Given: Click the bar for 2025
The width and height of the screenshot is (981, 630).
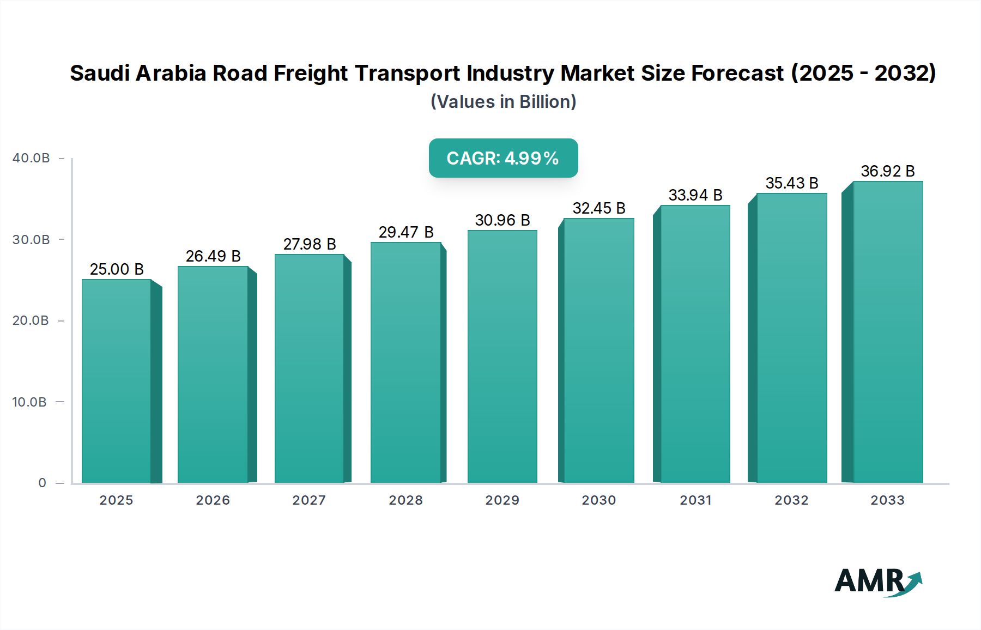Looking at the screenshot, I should click(x=116, y=381).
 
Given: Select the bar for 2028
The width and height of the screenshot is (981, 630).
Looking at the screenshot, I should click(x=405, y=362).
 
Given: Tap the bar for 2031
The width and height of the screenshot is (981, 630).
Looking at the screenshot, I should click(x=695, y=343).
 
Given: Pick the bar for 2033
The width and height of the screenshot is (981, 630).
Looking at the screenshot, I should click(x=888, y=332).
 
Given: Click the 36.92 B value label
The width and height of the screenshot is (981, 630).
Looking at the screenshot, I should click(x=888, y=171).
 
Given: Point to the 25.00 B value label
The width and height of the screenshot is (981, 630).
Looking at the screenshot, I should click(x=117, y=269).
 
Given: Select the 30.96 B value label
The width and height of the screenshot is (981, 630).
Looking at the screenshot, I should click(x=502, y=220).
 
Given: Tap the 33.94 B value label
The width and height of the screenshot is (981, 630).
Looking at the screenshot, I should click(x=695, y=195).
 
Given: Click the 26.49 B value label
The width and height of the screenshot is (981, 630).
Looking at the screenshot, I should click(x=213, y=256).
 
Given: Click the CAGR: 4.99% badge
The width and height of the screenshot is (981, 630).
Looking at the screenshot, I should click(x=503, y=158).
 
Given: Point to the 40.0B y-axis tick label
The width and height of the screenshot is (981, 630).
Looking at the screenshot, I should click(x=31, y=158).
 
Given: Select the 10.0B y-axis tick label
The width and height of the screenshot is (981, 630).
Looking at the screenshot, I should click(x=29, y=402).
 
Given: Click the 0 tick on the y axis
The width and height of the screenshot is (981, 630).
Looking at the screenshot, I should click(x=43, y=483).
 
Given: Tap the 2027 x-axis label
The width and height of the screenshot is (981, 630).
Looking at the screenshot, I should click(x=309, y=500).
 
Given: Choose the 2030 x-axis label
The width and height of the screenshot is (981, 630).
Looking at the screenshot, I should click(x=598, y=500).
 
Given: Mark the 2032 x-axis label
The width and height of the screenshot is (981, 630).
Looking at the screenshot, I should click(x=791, y=500).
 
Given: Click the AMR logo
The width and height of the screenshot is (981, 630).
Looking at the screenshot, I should click(x=877, y=581).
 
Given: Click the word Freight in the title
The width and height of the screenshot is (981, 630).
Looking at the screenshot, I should click(x=311, y=73).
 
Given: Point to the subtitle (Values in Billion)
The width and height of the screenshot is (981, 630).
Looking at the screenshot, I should click(x=503, y=102).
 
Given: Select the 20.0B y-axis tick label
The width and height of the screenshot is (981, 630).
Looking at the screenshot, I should click(x=31, y=320).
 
